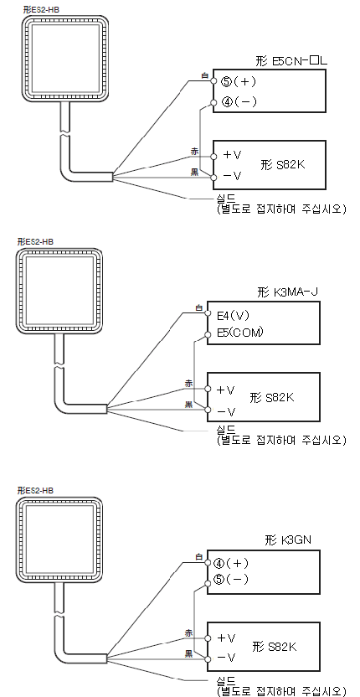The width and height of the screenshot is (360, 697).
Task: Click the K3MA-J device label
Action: (288, 292)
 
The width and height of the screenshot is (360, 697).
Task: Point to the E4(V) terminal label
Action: (234, 316)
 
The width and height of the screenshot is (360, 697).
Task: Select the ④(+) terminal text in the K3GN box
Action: (231, 564)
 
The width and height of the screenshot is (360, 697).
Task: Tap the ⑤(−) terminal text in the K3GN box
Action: (231, 580)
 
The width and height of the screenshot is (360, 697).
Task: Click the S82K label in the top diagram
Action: (283, 165)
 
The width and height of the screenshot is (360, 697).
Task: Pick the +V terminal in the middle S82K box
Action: (226, 390)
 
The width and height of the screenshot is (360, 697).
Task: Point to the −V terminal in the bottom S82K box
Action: (226, 657)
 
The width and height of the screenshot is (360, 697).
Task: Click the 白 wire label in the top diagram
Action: (204, 76)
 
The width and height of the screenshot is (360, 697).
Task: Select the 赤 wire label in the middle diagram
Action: (189, 384)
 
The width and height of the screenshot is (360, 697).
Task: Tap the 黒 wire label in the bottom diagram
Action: (189, 654)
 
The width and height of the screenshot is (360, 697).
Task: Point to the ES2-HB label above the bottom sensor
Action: (35, 491)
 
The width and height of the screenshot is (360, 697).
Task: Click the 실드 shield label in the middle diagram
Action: (225, 430)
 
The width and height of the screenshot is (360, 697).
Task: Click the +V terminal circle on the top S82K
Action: (213, 156)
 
